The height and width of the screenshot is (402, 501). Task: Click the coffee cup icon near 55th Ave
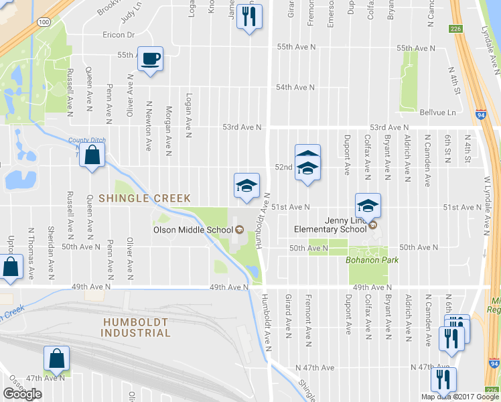(x=151, y=58)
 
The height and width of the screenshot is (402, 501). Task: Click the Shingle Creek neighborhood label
(x=145, y=198)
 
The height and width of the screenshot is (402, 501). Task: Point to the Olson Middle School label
(x=192, y=230)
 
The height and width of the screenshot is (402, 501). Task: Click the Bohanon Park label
(x=367, y=259)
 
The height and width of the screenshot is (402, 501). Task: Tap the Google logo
(x=22, y=394)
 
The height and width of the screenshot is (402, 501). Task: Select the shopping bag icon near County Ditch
(x=94, y=157)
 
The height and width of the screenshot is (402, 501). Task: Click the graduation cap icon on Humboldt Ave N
(x=246, y=186)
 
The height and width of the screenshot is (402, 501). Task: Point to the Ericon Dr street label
(x=119, y=35)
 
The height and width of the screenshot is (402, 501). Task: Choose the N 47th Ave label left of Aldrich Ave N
(x=315, y=368)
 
